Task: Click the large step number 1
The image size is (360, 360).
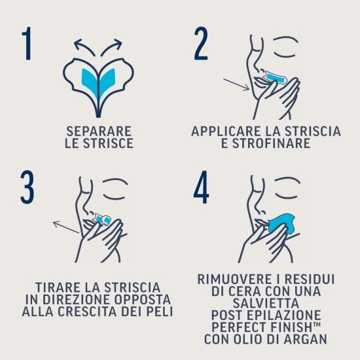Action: coord(26,45)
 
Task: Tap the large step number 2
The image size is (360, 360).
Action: coord(201,45)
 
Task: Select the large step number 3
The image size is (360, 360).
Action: coord(26,190)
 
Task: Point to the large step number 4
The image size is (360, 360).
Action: coord(201,190)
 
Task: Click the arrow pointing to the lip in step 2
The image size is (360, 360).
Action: coord(235,86)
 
